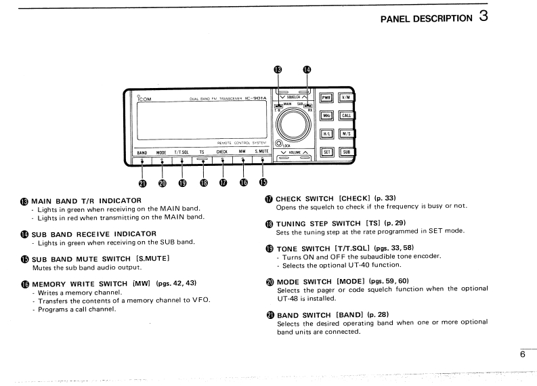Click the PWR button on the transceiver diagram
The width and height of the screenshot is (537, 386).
pyautogui.click(x=328, y=98)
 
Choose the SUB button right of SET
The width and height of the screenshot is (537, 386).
pyautogui.click(x=347, y=151)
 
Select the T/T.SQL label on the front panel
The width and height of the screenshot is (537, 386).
pyautogui.click(x=181, y=152)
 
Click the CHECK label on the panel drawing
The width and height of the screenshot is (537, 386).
pyautogui.click(x=221, y=152)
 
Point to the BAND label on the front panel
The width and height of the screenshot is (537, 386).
pyautogui.click(x=142, y=152)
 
